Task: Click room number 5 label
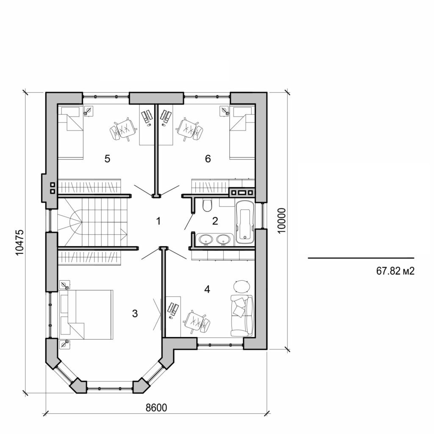107,159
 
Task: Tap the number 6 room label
207,159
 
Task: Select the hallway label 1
158,220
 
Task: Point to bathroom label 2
215,221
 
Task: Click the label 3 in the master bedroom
135,314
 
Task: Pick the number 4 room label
207,289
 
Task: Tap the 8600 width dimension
156,408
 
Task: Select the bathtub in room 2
245,223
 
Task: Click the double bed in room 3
89,314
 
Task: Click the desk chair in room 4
197,320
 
